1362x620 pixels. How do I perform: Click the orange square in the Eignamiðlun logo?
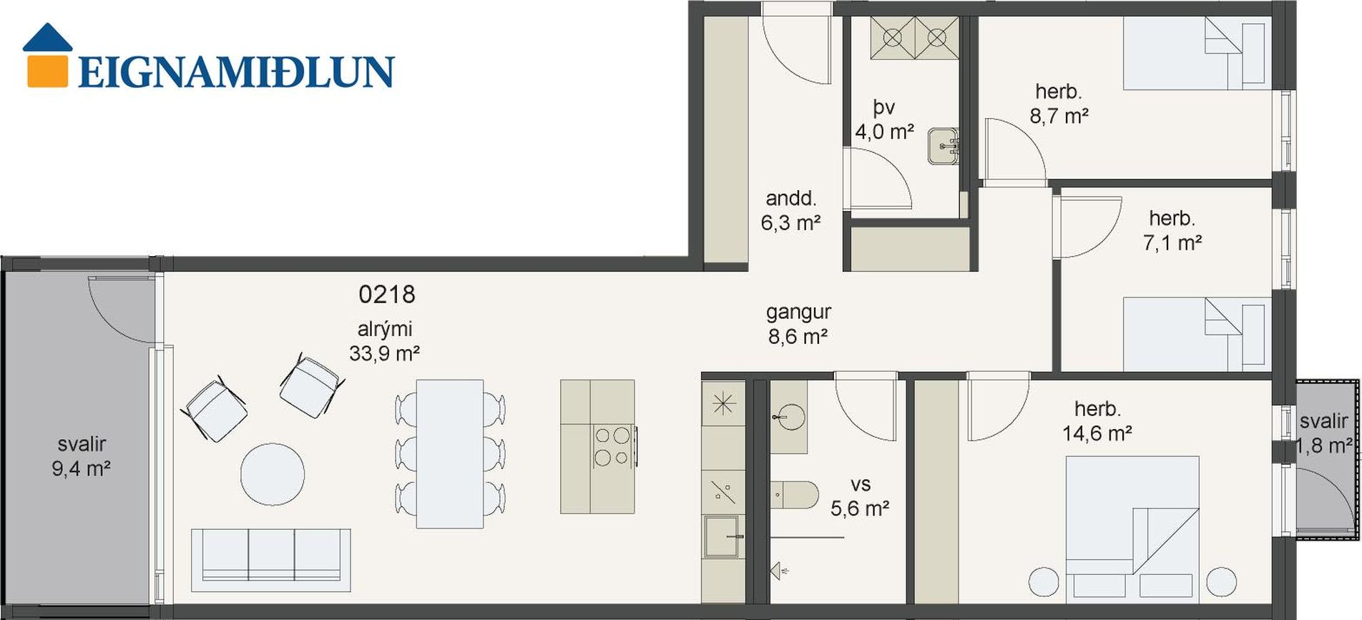pyautogui.click(x=48, y=69)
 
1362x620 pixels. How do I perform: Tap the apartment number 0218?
pyautogui.click(x=386, y=294)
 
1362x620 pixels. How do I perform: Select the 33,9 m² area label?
pyautogui.click(x=384, y=353)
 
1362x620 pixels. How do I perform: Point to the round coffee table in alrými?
pyautogui.click(x=273, y=474)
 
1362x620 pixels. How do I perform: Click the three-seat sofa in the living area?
pyautogui.click(x=271, y=560)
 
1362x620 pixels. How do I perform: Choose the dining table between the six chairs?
pyautogui.click(x=450, y=454)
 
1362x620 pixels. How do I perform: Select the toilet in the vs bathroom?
pyautogui.click(x=794, y=495)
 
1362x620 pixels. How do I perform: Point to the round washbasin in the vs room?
pyautogui.click(x=790, y=417)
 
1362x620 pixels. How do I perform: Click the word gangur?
pyautogui.click(x=798, y=313)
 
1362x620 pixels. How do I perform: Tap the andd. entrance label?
pyautogui.click(x=790, y=198)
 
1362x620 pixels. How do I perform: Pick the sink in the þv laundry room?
pyautogui.click(x=944, y=146)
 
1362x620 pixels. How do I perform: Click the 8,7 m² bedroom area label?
pyautogui.click(x=1059, y=116)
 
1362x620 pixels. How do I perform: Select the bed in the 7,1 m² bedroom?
pyautogui.click(x=1197, y=334)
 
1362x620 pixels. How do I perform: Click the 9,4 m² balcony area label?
pyautogui.click(x=81, y=469)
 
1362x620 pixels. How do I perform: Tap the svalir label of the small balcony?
pyautogui.click(x=1324, y=422)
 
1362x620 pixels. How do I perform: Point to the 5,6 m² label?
pyautogui.click(x=860, y=508)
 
